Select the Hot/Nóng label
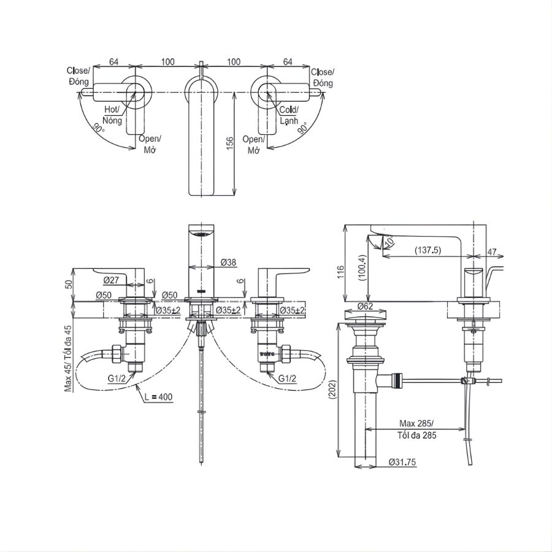[113, 115]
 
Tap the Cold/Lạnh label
[288, 115]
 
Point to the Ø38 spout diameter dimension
[228, 263]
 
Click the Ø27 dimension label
[111, 280]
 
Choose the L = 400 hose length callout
[159, 397]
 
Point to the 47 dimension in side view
[492, 251]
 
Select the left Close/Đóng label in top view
[79, 77]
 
